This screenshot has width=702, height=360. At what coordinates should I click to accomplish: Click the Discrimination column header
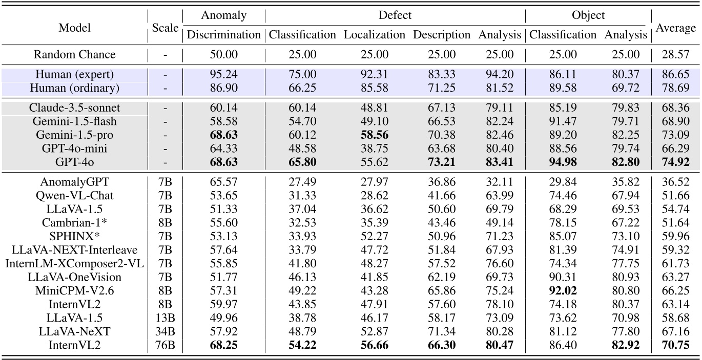click(x=223, y=35)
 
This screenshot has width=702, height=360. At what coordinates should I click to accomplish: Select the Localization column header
click(x=374, y=35)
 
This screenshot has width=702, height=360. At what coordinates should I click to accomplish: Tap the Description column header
click(x=441, y=35)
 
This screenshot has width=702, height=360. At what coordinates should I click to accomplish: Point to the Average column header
click(x=676, y=28)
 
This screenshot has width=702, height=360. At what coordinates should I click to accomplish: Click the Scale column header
click(x=166, y=28)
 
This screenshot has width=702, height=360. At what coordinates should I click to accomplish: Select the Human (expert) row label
click(x=75, y=75)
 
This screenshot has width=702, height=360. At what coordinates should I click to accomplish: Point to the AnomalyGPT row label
click(x=75, y=182)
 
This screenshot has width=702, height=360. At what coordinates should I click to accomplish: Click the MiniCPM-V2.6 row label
click(x=75, y=290)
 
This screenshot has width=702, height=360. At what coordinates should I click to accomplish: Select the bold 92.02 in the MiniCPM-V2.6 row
click(x=562, y=290)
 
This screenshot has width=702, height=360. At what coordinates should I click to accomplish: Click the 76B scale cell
click(x=166, y=345)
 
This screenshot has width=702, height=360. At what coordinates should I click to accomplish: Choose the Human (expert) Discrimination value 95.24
click(x=223, y=75)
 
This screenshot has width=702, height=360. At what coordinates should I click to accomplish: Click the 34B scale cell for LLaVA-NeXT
click(x=166, y=331)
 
